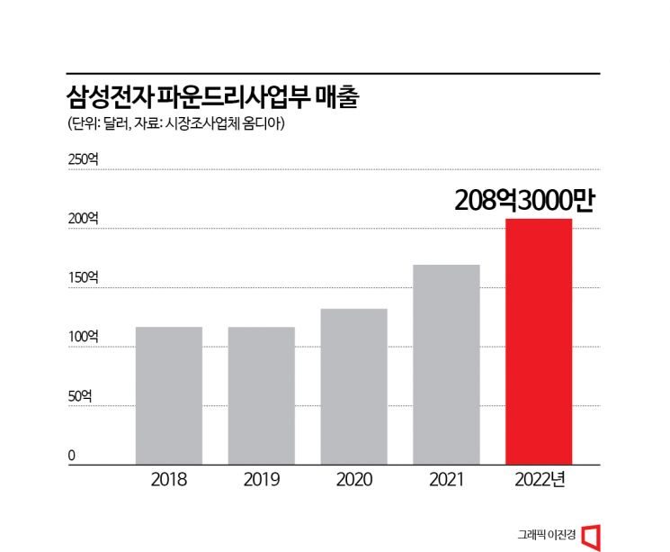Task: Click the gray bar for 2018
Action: click(x=169, y=395)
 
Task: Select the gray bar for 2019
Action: click(x=262, y=395)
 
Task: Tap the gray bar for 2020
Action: click(x=353, y=386)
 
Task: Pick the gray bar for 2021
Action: click(x=446, y=365)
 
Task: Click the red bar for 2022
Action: click(x=539, y=341)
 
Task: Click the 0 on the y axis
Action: click(x=71, y=456)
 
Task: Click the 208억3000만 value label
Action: click(x=524, y=200)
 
